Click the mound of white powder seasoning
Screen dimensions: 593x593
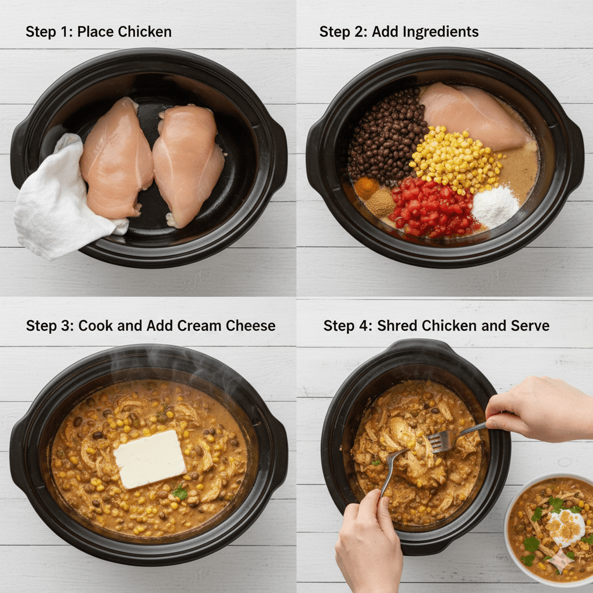495,207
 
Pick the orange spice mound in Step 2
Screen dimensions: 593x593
367,188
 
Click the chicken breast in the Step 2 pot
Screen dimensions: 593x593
472,116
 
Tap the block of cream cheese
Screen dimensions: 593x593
149,459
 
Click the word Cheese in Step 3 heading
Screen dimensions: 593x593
252,326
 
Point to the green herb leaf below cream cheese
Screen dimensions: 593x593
180,493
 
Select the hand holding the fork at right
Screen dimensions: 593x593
536,408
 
